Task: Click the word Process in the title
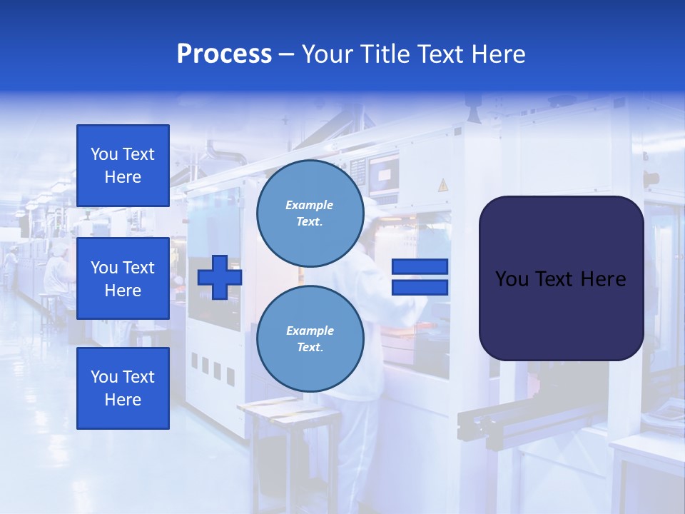pyautogui.click(x=224, y=54)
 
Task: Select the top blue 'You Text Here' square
pyautogui.click(x=123, y=166)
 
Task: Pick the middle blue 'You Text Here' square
pyautogui.click(x=123, y=278)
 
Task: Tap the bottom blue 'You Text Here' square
pyautogui.click(x=123, y=388)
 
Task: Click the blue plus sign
pyautogui.click(x=220, y=278)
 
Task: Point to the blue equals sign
pyautogui.click(x=420, y=277)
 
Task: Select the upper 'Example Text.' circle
pyautogui.click(x=310, y=213)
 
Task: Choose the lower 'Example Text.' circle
pyautogui.click(x=310, y=339)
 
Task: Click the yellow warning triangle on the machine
pyautogui.click(x=442, y=185)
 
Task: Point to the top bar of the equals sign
pyautogui.click(x=420, y=267)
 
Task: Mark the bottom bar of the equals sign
pyautogui.click(x=420, y=287)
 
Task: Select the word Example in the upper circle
pyautogui.click(x=310, y=205)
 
